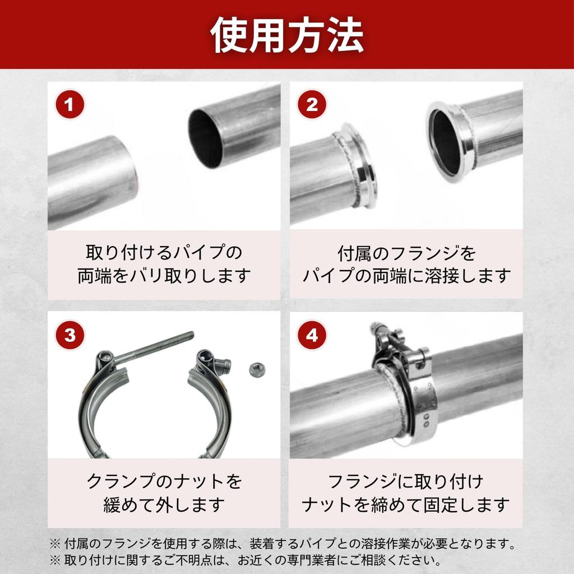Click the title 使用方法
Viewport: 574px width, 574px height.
pyautogui.click(x=286, y=35)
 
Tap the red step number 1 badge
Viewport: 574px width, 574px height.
pyautogui.click(x=70, y=105)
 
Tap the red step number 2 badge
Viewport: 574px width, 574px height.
pyautogui.click(x=312, y=105)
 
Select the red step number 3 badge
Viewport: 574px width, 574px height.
pyautogui.click(x=70, y=335)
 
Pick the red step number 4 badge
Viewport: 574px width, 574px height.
pyautogui.click(x=312, y=335)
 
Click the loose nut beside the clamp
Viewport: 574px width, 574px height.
pyautogui.click(x=257, y=369)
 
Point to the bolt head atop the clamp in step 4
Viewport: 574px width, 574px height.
pyautogui.click(x=377, y=329)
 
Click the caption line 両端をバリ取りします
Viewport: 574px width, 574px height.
pyautogui.click(x=164, y=276)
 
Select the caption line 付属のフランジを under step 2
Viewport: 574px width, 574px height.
pyautogui.click(x=406, y=253)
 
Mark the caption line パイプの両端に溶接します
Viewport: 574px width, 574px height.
pyautogui.click(x=406, y=276)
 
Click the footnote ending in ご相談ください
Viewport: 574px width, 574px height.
pyautogui.click(x=246, y=560)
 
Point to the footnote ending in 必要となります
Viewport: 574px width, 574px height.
pyautogui.click(x=283, y=543)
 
